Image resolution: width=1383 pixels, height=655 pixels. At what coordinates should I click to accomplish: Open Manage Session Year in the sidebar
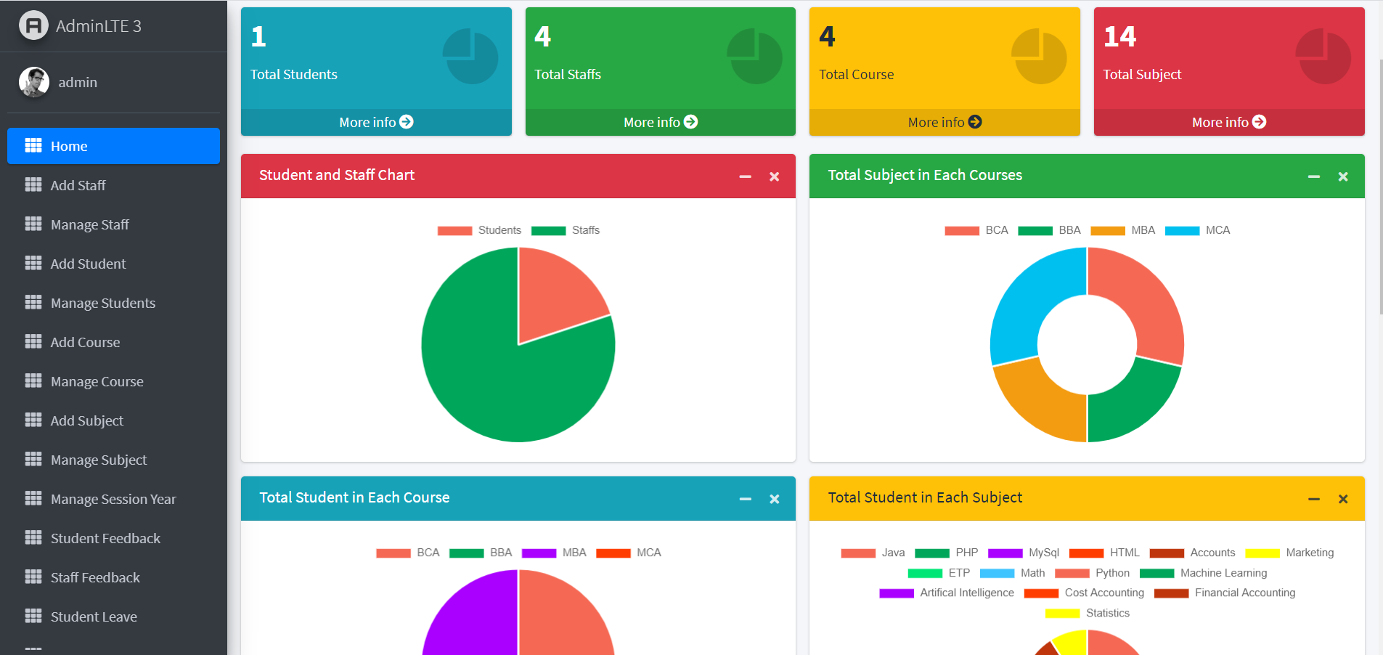(x=113, y=499)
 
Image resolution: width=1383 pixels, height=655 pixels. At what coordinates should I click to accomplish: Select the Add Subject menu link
(x=86, y=420)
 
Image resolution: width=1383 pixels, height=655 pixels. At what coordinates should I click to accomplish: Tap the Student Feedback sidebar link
(x=105, y=538)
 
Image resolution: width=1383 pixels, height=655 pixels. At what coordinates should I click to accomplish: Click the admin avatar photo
(x=34, y=82)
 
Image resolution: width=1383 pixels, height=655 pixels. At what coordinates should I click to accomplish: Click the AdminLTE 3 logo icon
(x=33, y=26)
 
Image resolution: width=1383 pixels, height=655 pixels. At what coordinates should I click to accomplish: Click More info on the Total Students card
(x=375, y=122)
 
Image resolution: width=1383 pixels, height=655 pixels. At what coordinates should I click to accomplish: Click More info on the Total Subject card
(x=1228, y=122)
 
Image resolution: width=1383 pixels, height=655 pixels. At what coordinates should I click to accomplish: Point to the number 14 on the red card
(x=1119, y=36)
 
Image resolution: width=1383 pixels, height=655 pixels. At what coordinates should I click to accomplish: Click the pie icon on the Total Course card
(x=1039, y=57)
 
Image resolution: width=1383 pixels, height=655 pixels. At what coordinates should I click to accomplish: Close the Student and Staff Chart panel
(x=774, y=176)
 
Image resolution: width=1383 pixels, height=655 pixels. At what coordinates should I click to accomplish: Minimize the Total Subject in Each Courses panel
(x=1313, y=176)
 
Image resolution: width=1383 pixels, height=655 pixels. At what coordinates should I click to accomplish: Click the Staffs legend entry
(x=566, y=230)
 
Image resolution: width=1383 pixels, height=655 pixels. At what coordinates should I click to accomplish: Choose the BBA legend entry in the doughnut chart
(x=1050, y=230)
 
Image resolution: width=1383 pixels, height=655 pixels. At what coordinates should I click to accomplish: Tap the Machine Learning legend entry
(x=1204, y=573)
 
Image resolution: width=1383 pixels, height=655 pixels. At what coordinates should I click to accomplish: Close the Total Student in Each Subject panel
(x=1342, y=499)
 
